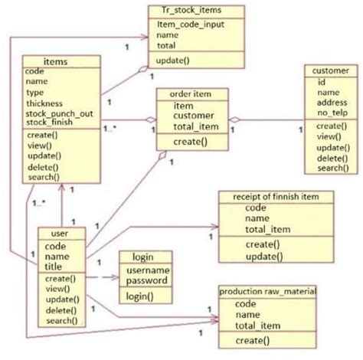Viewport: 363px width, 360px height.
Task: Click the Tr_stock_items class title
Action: (x=196, y=11)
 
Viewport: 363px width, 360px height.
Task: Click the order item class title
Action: (x=192, y=93)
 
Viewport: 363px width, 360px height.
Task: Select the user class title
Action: (x=60, y=234)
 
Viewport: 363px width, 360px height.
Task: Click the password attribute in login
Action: (x=148, y=281)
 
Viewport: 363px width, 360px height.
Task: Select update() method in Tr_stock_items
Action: (x=172, y=60)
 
